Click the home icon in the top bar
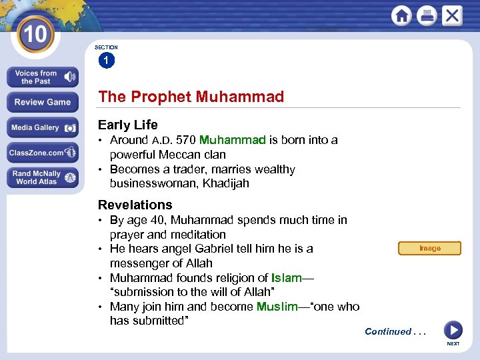(x=401, y=15)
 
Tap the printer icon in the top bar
(x=427, y=15)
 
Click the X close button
(x=452, y=15)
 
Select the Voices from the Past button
(x=43, y=77)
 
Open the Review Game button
(x=43, y=102)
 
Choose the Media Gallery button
(x=43, y=127)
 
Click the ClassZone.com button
(x=43, y=153)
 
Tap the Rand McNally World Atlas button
(x=43, y=177)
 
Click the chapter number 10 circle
(x=34, y=34)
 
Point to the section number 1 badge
(x=106, y=61)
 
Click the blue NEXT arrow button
(x=453, y=330)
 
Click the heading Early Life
(x=128, y=125)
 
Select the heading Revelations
(x=135, y=205)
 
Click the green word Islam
(x=287, y=278)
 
